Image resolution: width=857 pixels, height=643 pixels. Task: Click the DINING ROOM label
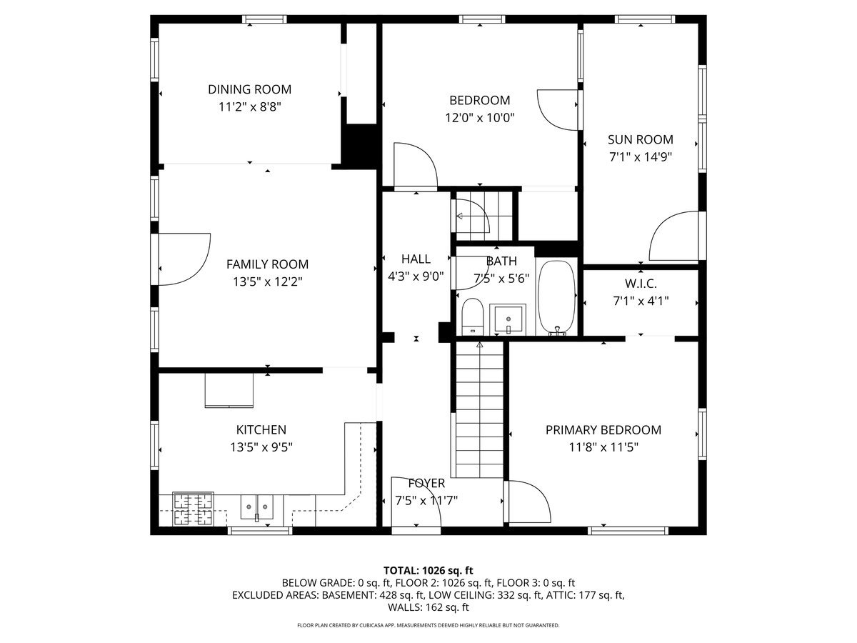click(x=249, y=89)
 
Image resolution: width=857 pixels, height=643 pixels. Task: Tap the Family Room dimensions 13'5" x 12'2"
click(x=267, y=281)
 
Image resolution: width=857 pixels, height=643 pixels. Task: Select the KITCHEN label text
click(x=261, y=430)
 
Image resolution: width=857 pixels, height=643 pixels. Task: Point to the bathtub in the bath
click(x=556, y=298)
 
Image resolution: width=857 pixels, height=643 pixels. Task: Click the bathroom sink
click(x=508, y=319)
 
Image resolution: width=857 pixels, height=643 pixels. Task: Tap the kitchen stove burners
click(x=193, y=509)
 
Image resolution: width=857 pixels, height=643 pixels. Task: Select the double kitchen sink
click(x=256, y=507)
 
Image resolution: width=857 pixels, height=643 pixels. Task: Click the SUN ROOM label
click(x=641, y=140)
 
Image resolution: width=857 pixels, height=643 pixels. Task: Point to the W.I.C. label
click(x=641, y=284)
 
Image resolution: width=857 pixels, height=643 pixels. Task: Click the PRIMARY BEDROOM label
click(x=603, y=430)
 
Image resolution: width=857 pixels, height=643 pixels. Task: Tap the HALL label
click(x=416, y=259)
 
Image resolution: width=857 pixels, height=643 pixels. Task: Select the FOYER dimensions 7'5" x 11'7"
click(x=426, y=501)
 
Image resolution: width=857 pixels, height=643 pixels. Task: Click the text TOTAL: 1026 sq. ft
click(x=428, y=570)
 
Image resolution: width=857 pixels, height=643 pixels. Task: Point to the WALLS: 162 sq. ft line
click(x=428, y=607)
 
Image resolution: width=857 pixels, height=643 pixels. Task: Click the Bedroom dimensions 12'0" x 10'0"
click(x=480, y=117)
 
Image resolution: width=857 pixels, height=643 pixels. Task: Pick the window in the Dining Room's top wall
click(x=264, y=19)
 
